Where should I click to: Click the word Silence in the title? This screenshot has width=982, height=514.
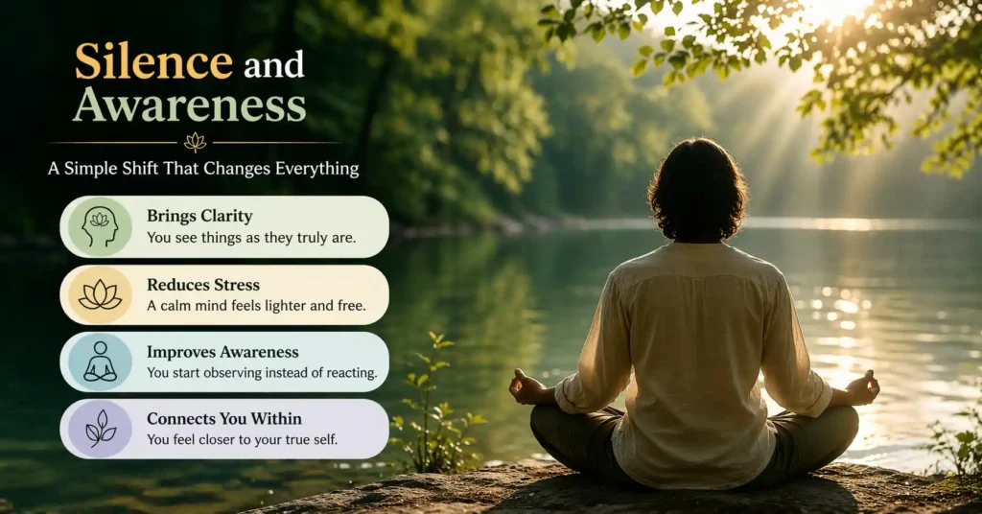point(153,62)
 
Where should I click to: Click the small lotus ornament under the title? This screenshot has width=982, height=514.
point(196,142)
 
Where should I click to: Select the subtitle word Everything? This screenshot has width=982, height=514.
point(315,169)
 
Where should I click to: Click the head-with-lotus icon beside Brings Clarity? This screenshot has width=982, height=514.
point(100,227)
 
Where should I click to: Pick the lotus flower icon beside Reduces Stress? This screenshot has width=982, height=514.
point(100,294)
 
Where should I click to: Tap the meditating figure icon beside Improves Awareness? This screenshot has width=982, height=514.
point(100,362)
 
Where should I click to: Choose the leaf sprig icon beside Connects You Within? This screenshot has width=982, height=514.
point(100,429)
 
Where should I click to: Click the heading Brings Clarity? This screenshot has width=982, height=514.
point(199,216)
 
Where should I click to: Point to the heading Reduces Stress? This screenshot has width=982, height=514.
point(202,284)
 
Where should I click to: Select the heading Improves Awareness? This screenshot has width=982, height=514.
point(222,352)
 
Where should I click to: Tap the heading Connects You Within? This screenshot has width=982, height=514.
point(224,419)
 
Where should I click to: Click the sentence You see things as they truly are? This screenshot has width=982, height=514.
point(251,238)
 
